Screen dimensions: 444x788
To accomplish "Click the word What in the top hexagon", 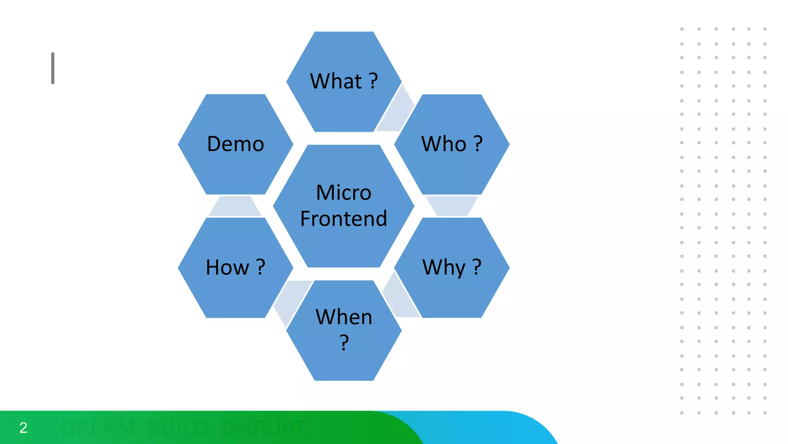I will pos(336,81).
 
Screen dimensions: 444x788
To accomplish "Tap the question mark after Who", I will pos(477,144).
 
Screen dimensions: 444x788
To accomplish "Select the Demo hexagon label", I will pos(235,144).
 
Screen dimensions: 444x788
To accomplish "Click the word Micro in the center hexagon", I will pos(344,192).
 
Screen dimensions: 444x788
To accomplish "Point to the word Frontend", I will pos(344,219).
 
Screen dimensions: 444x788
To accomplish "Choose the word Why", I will pos(444,267).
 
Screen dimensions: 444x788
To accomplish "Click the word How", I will pos(227,267).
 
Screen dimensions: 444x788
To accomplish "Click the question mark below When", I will pos(344,342).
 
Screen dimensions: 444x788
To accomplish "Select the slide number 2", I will pos(23,427).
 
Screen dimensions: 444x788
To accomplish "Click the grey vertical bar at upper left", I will pos(53,68).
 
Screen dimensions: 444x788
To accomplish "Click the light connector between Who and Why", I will pos(452,206).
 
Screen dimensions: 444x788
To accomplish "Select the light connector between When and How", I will pos(291,301).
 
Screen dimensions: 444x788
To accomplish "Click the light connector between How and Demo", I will pos(235,206).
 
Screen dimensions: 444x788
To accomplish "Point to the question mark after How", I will pos(260,267).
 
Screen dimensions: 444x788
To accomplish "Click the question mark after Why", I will pos(477,267).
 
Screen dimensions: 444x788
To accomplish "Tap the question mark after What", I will pos(373,81).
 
